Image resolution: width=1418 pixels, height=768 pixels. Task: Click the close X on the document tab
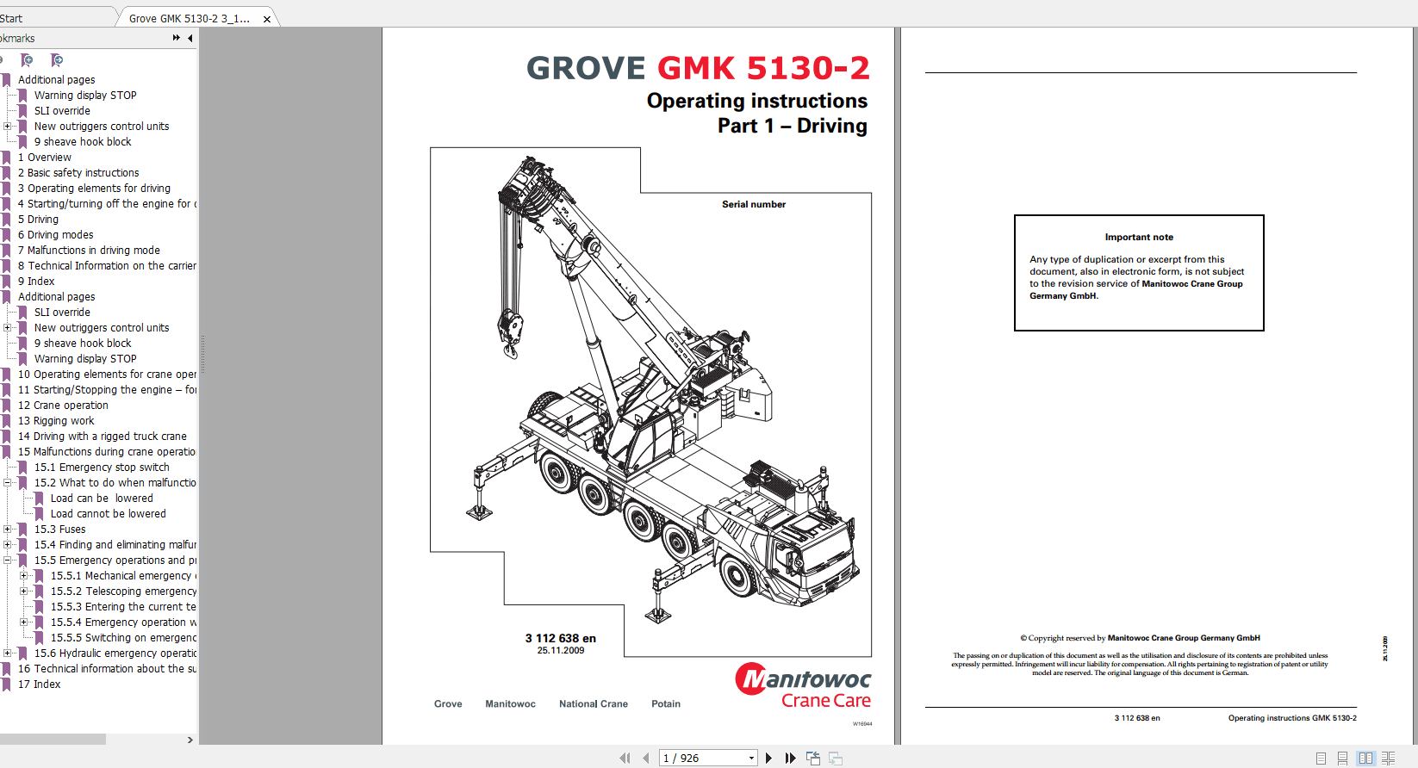pyautogui.click(x=267, y=19)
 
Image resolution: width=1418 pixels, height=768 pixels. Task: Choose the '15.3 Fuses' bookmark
pyautogui.click(x=60, y=530)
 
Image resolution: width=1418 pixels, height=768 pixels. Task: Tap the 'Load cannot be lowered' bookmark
pyautogui.click(x=108, y=514)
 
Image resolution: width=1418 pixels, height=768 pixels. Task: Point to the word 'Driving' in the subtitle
pyautogui.click(x=831, y=126)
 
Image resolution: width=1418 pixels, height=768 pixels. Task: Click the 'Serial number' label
pyautogui.click(x=753, y=205)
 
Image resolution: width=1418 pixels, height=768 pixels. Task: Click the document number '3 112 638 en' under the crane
pyautogui.click(x=560, y=639)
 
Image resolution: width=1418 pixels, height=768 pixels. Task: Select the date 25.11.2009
pyautogui.click(x=560, y=651)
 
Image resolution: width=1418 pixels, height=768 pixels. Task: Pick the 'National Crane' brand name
pyautogui.click(x=593, y=704)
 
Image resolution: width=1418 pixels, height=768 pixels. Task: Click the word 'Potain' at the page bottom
pyautogui.click(x=665, y=704)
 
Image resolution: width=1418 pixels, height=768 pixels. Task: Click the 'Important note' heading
pyautogui.click(x=1138, y=238)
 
